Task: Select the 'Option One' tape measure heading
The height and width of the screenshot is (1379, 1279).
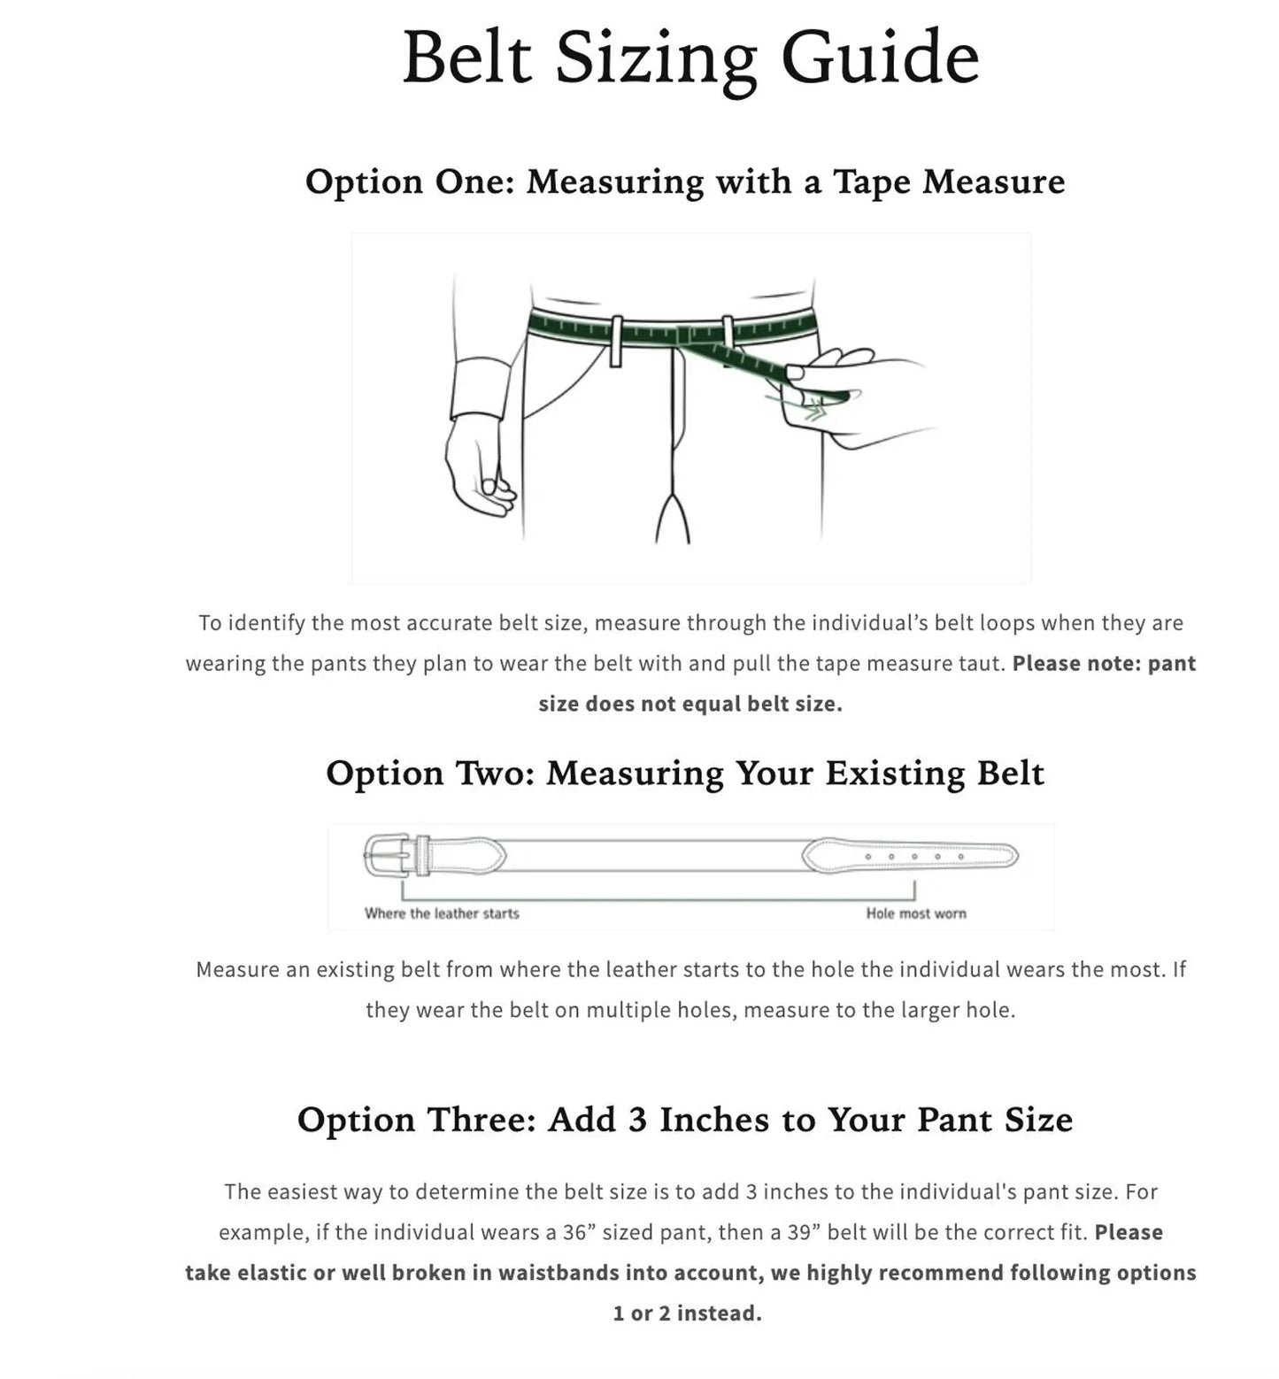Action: (684, 181)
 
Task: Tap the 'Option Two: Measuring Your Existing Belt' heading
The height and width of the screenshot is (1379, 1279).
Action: (684, 773)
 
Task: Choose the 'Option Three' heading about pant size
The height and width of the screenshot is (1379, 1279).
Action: (684, 1120)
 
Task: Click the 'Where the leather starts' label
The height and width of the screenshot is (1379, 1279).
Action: (442, 913)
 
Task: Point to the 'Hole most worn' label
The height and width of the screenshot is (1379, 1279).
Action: (916, 913)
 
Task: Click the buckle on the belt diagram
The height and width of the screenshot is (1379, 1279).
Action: (387, 856)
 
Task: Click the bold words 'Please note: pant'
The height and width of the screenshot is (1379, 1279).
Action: (1104, 664)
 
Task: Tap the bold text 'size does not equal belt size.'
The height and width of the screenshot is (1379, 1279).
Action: (690, 705)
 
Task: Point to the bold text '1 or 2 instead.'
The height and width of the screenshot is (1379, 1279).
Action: (687, 1314)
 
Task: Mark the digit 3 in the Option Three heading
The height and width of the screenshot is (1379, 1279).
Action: (637, 1120)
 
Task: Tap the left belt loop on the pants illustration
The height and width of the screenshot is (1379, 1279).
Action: (616, 341)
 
